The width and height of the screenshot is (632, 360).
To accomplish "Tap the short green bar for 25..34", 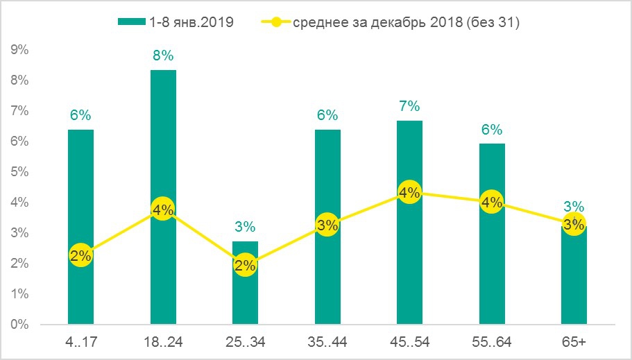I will pyautogui.click(x=245, y=298).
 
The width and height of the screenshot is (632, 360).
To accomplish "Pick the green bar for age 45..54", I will pyautogui.click(x=409, y=264).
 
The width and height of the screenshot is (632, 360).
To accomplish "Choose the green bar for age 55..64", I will pyautogui.click(x=491, y=271).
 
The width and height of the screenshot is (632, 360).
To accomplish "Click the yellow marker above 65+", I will pyautogui.click(x=573, y=224).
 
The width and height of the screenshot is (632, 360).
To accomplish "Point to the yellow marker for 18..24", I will pyautogui.click(x=163, y=209).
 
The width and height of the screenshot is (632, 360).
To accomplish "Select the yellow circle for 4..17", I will pyautogui.click(x=80, y=255).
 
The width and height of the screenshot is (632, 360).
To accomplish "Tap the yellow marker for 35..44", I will pyautogui.click(x=327, y=225).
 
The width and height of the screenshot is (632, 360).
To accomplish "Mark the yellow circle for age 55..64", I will pyautogui.click(x=491, y=203).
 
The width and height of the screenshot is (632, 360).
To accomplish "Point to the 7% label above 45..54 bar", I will pyautogui.click(x=409, y=106).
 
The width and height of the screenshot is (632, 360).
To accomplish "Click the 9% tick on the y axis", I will pyautogui.click(x=19, y=50).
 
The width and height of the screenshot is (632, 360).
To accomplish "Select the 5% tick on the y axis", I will pyautogui.click(x=19, y=172).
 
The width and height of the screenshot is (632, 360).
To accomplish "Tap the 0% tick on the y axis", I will pyautogui.click(x=19, y=325).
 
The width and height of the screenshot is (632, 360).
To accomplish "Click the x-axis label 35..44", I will pyautogui.click(x=327, y=341).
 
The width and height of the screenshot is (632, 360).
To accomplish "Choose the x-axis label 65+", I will pyautogui.click(x=573, y=341).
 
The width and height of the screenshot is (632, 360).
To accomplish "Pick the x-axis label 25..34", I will pyautogui.click(x=245, y=341).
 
